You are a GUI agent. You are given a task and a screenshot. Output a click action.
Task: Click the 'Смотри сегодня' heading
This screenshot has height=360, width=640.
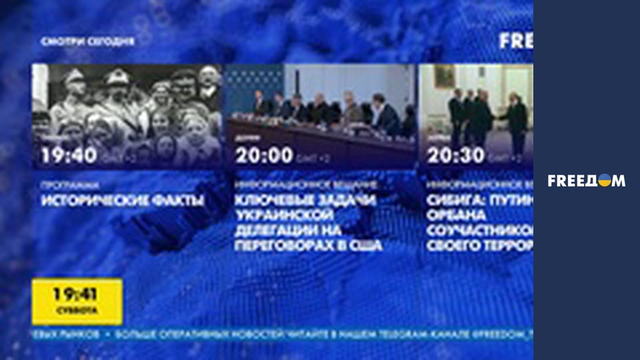click(x=87, y=41)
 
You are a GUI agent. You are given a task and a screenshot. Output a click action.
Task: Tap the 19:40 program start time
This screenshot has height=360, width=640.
click(x=69, y=156)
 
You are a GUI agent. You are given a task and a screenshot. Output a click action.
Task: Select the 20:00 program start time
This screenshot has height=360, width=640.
click(x=264, y=156)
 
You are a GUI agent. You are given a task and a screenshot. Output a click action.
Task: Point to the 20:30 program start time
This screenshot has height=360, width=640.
click(x=457, y=156)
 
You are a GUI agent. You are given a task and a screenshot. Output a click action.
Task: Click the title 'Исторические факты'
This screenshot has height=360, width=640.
click(x=123, y=200)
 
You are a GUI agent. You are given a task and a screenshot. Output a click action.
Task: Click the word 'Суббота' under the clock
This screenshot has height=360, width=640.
click(x=77, y=311)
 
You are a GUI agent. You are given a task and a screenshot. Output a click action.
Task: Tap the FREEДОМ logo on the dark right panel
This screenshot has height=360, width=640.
click(x=587, y=181)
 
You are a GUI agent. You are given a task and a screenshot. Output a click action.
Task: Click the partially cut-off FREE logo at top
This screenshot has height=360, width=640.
click(x=516, y=41)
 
